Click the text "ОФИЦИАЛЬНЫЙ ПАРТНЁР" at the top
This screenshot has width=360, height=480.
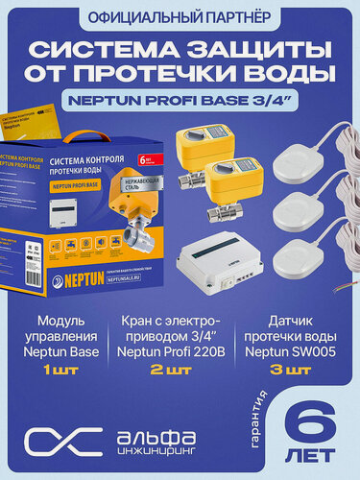pos(180,18)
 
